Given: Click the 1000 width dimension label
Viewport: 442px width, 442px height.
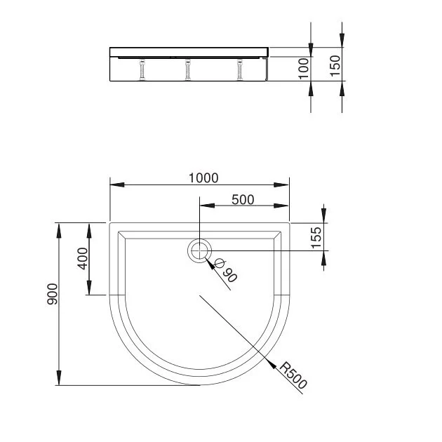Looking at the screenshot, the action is [203, 178].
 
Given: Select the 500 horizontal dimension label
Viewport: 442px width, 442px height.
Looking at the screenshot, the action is [243, 200].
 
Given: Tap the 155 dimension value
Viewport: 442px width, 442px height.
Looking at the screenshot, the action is [316, 237].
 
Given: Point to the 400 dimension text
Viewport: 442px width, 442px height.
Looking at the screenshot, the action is [83, 258].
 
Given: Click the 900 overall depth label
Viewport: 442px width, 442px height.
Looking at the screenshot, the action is [52, 294].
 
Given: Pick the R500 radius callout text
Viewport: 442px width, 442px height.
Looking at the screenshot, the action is [293, 375].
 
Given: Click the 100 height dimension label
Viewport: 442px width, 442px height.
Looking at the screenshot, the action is [304, 69].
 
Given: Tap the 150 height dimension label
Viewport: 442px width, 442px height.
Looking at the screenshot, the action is [335, 66].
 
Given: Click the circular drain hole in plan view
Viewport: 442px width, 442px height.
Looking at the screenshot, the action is [200, 250].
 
